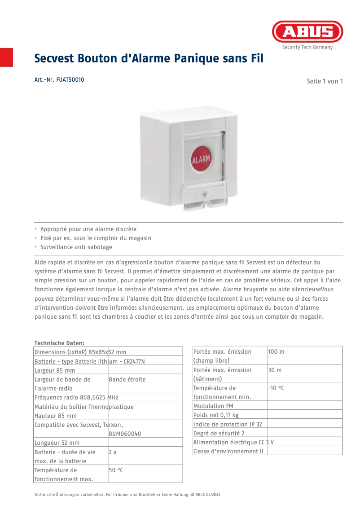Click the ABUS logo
pos(307,32)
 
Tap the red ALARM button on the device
pos(201,159)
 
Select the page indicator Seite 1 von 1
pos(325,81)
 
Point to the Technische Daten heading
pos(59,343)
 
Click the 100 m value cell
pos(276,351)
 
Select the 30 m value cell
pos(275,370)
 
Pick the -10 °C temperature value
pos(276,388)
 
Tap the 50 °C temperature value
pos(116,470)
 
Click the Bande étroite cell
pos(127,379)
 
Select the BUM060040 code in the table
pos(125,434)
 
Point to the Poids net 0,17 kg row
pos(216,415)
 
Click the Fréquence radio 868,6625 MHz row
pos(76,397)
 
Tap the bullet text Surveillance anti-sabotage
pos(76,247)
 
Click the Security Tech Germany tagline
pos(307,47)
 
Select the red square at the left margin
pos(6,57)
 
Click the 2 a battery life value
pos(113,452)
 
